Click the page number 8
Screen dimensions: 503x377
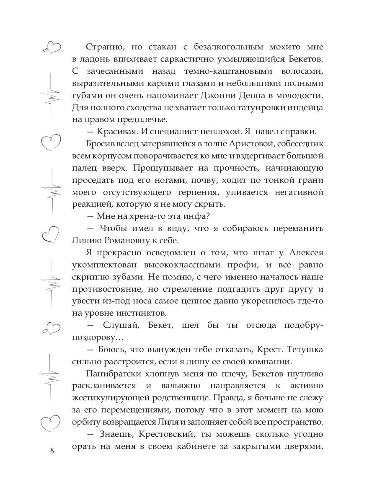[52, 450]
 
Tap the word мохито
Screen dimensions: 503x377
[275, 47]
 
